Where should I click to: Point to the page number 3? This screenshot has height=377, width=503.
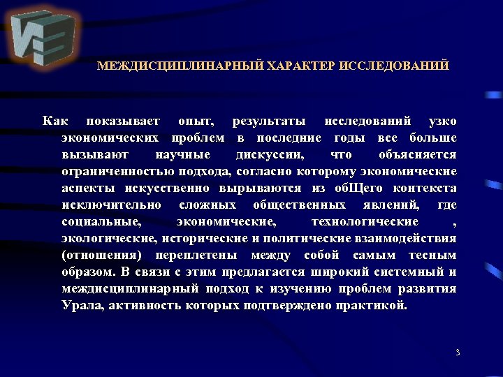(458, 353)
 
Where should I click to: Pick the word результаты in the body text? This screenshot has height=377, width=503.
(269, 121)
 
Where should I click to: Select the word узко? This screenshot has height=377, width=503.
(443, 121)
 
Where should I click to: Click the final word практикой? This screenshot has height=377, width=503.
(374, 306)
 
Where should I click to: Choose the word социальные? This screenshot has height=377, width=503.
(101, 222)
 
